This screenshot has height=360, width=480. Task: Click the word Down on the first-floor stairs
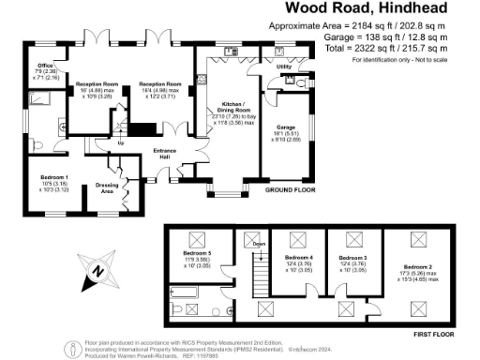(x=260, y=245)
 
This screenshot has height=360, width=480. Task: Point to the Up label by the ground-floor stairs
(x=121, y=143)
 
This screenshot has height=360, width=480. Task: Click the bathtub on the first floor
(x=188, y=305)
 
